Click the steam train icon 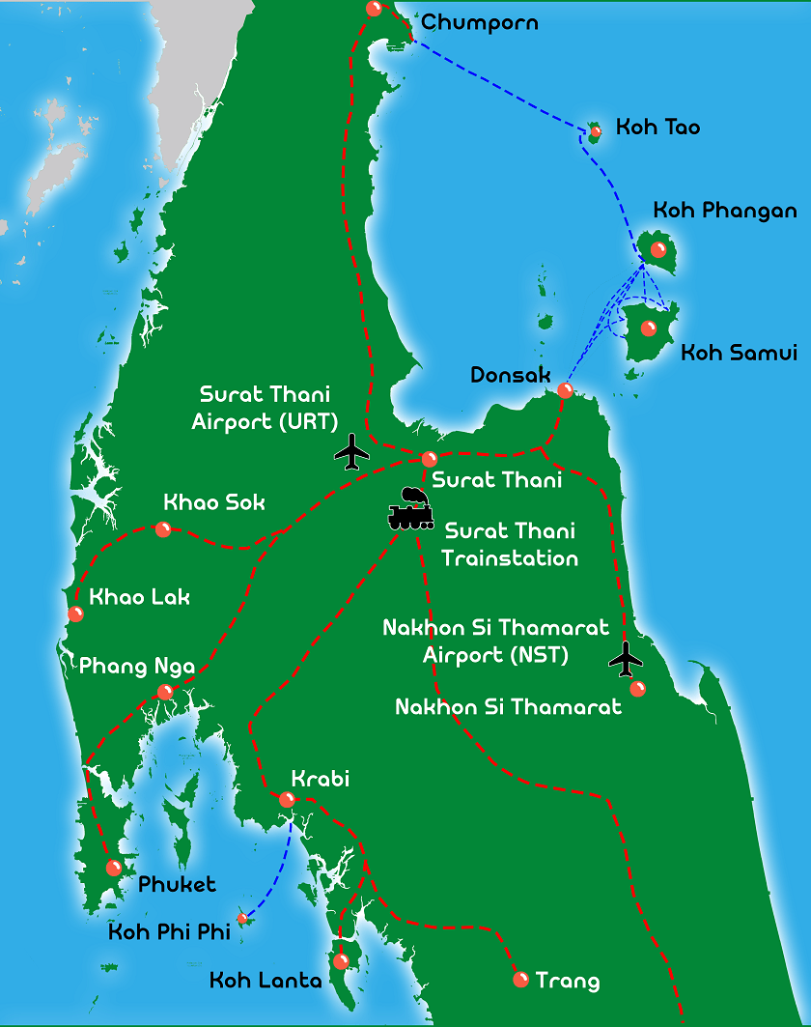click(410, 509)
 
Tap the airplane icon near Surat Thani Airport click(352, 451)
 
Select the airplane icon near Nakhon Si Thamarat click(627, 659)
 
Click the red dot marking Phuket click(114, 868)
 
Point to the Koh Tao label click(657, 128)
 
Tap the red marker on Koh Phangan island click(658, 249)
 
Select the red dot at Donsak click(565, 390)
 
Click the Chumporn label click(480, 22)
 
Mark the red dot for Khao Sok click(163, 528)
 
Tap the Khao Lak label click(139, 597)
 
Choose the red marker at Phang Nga click(165, 692)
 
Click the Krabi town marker click(287, 799)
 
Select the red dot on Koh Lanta click(340, 961)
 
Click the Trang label click(567, 982)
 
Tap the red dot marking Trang click(520, 980)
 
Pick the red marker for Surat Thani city click(430, 459)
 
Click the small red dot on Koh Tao click(596, 130)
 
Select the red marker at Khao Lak click(75, 613)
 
